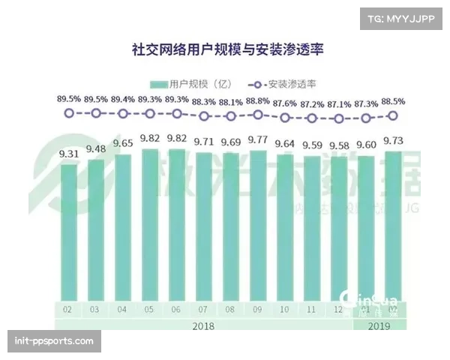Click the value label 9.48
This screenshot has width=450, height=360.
[96, 148]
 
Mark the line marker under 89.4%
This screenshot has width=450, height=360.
[123, 113]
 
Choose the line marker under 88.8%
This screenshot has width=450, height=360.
[258, 115]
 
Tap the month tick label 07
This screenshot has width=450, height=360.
[204, 309]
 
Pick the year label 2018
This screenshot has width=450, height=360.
[204, 325]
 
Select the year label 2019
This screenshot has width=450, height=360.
[379, 325]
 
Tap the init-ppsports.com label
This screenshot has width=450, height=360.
[53, 341]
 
